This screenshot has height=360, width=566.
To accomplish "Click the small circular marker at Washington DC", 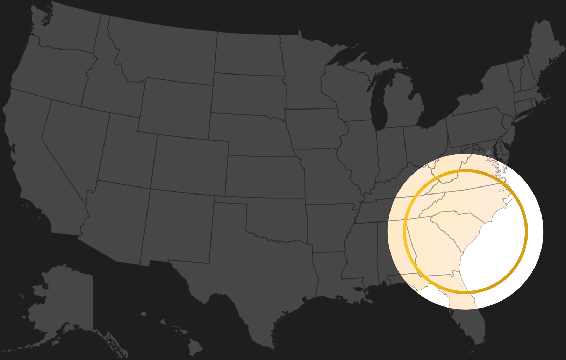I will point(488,152).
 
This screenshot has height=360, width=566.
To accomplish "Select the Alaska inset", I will point(63,297).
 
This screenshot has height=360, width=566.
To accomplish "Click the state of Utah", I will point(126,150).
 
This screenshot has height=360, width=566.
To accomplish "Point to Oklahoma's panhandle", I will point(231,200).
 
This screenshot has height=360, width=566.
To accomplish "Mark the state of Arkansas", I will point(329,227).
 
